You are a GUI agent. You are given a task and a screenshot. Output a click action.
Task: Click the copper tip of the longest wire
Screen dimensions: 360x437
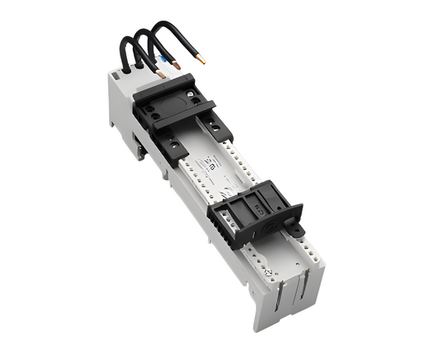point(199,60)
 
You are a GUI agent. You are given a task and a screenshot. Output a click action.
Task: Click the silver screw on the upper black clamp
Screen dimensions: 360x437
point(193,95)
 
